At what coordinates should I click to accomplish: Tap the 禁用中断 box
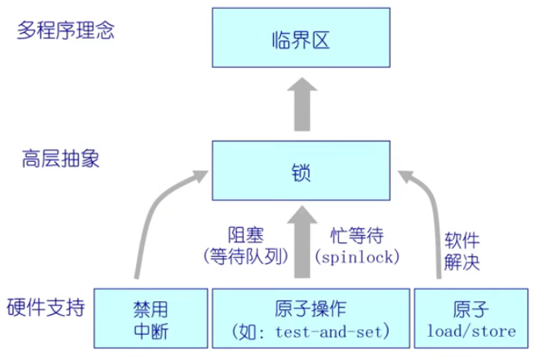tap(151, 320)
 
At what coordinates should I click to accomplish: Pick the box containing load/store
tap(471, 320)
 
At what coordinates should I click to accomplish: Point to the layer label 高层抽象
tap(60, 159)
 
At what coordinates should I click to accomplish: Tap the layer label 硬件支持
tap(46, 308)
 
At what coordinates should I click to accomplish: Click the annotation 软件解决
tap(461, 250)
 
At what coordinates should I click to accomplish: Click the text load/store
tap(471, 331)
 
